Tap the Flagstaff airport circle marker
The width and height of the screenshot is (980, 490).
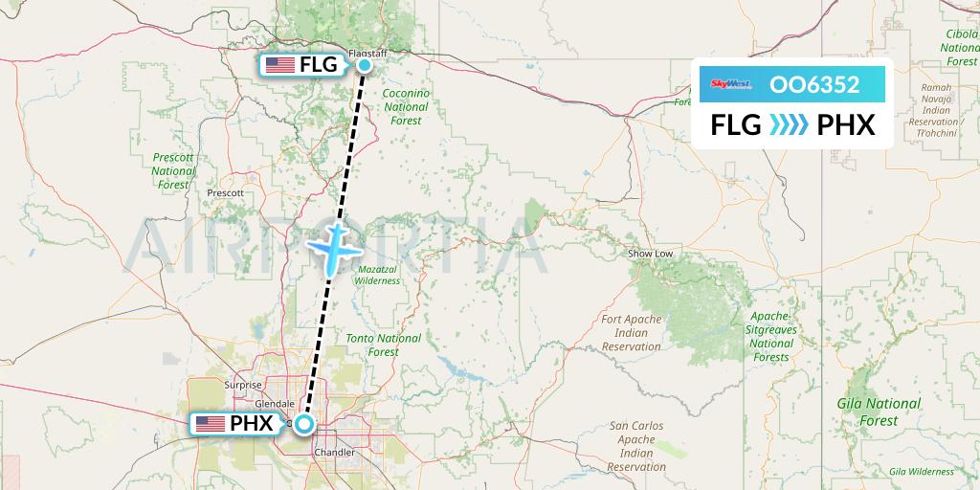pyautogui.click(x=365, y=65)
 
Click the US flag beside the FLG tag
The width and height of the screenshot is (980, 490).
pyautogui.click(x=279, y=65)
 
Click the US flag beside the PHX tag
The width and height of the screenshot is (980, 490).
pyautogui.click(x=210, y=424)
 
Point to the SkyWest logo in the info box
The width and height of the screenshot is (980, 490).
pyautogui.click(x=732, y=84)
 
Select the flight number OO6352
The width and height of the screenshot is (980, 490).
pyautogui.click(x=814, y=84)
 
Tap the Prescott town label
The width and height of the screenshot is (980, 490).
pyautogui.click(x=226, y=192)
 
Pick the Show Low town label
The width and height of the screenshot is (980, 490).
pyautogui.click(x=650, y=254)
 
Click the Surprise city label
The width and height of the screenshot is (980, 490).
pyautogui.click(x=242, y=386)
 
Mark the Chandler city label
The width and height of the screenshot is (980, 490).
pyautogui.click(x=334, y=452)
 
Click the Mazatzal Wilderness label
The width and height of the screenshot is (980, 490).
pyautogui.click(x=377, y=275)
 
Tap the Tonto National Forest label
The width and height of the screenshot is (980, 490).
pyautogui.click(x=384, y=345)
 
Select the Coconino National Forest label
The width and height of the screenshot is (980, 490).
pyautogui.click(x=406, y=107)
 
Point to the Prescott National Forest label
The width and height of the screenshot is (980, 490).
pyautogui.click(x=173, y=170)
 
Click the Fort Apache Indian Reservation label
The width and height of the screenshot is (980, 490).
pyautogui.click(x=632, y=332)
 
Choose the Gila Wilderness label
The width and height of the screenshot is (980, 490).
pyautogui.click(x=921, y=471)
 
